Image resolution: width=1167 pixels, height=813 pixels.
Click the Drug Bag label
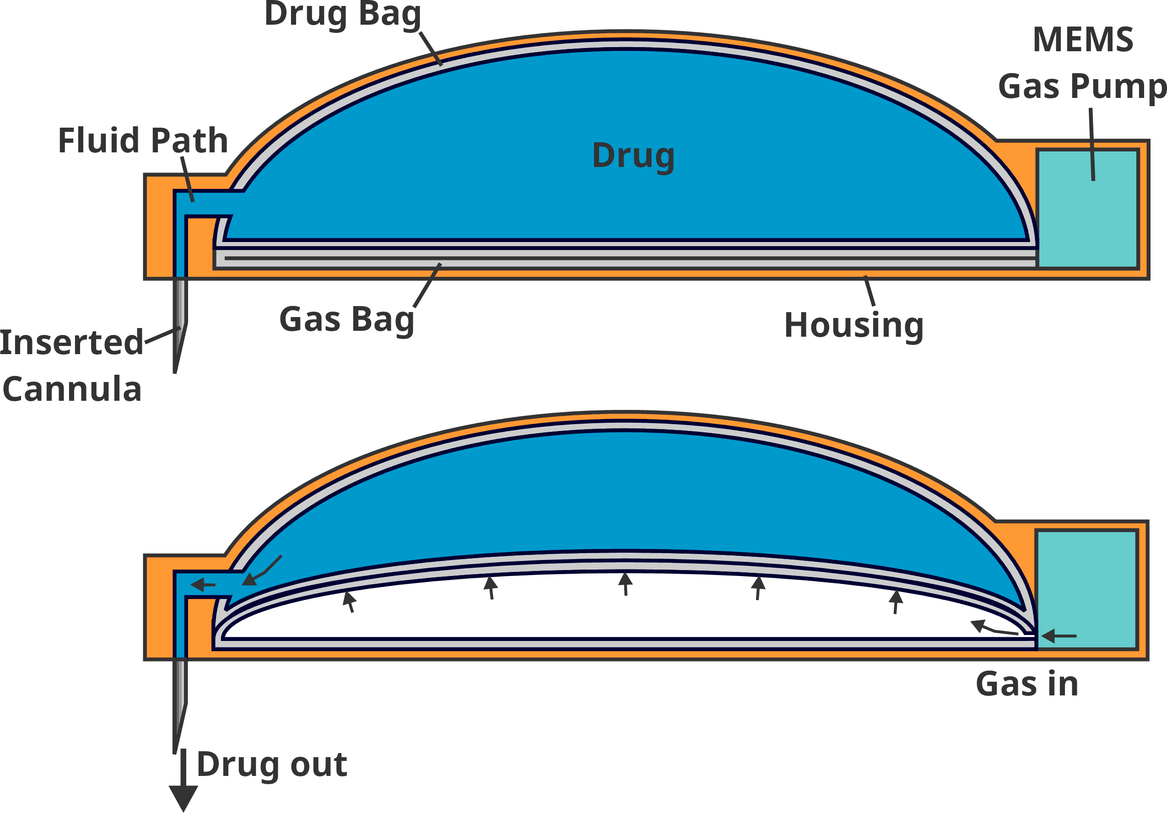[x=343, y=14]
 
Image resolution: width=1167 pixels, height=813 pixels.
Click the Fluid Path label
[x=143, y=140]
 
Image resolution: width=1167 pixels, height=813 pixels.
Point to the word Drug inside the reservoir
[x=633, y=156]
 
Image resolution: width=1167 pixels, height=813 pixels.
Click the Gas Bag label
[x=346, y=320]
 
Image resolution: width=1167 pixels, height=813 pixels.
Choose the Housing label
[x=854, y=325]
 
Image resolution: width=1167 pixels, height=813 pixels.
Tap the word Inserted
[x=72, y=343]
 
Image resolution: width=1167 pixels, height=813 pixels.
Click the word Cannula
[x=72, y=389]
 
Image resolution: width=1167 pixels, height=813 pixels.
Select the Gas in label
[x=1027, y=684]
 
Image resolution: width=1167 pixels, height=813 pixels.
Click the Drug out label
[x=272, y=764]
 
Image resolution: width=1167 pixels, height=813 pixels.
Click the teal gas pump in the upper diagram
[x=1087, y=208]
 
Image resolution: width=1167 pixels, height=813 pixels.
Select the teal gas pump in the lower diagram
[x=1086, y=589]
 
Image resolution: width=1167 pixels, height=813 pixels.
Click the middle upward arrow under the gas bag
[x=625, y=584]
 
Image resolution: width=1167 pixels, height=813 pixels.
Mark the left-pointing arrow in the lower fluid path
[x=203, y=585]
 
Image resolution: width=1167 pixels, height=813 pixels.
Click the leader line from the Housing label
[x=869, y=291]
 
